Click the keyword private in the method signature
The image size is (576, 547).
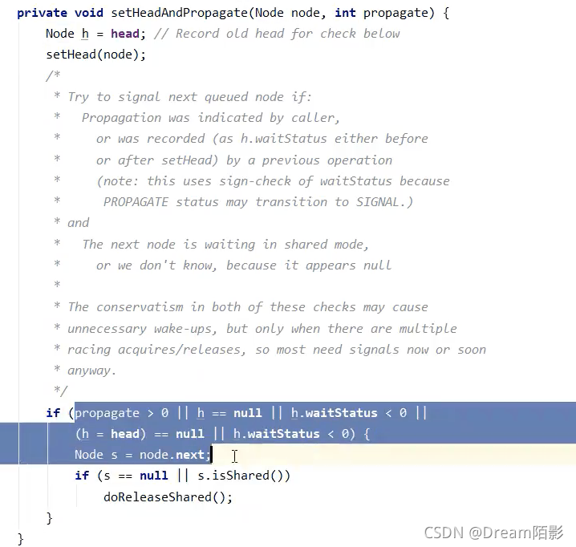pyautogui.click(x=42, y=13)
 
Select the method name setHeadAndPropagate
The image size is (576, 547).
pyautogui.click(x=180, y=13)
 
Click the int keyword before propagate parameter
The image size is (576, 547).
pyautogui.click(x=345, y=13)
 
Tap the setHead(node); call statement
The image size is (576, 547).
pyautogui.click(x=96, y=55)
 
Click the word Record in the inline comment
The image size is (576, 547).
pyautogui.click(x=197, y=34)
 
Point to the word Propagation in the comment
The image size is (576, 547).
pyautogui.click(x=121, y=118)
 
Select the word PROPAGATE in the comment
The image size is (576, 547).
pyautogui.click(x=136, y=202)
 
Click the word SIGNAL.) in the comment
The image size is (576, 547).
pyautogui.click(x=384, y=202)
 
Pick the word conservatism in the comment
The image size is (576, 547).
pyautogui.click(x=140, y=307)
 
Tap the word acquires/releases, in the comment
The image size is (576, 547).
pyautogui.click(x=181, y=350)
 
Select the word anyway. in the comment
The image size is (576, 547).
pyautogui.click(x=91, y=371)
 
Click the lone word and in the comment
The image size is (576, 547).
pyautogui.click(x=78, y=223)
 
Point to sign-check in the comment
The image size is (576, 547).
pyautogui.click(x=254, y=181)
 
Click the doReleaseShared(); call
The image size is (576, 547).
pyautogui.click(x=168, y=497)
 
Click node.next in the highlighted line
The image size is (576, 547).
pyautogui.click(x=172, y=455)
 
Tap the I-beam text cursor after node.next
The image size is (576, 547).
pyautogui.click(x=234, y=456)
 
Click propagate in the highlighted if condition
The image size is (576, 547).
pyautogui.click(x=107, y=414)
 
